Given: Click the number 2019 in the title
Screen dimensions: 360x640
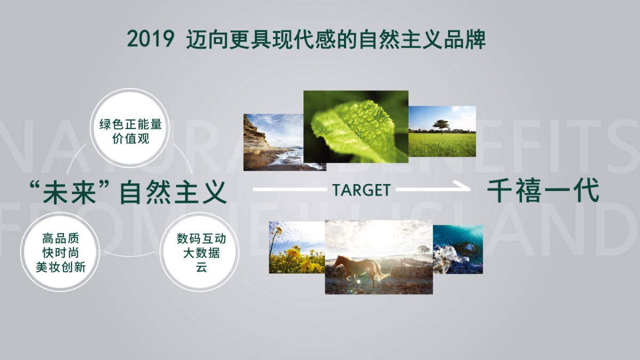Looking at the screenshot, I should click(151, 40).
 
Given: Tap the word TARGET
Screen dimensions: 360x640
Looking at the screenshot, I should click(361, 190).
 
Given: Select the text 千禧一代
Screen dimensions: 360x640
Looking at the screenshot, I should click(543, 191).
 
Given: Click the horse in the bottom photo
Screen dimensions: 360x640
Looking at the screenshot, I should click(358, 270).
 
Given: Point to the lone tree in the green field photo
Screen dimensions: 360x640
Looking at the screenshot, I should click(441, 126).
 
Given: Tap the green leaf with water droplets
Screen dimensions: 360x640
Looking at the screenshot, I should click(355, 128).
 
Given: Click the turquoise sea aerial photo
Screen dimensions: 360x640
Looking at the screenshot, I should click(458, 249).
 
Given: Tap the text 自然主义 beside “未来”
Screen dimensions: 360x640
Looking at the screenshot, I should click(174, 193).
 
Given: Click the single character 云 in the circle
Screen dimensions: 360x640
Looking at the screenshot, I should click(201, 267).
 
